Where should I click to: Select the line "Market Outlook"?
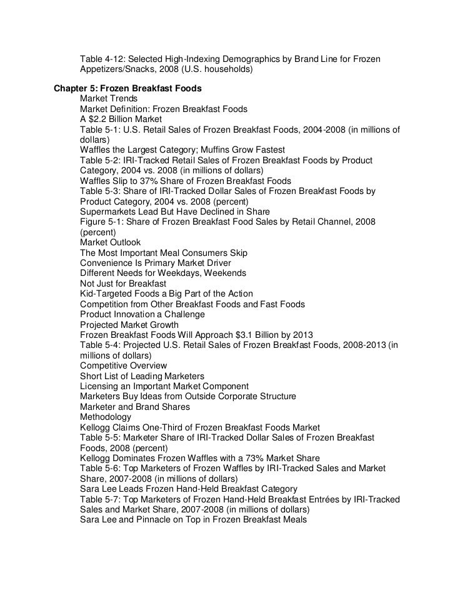tap(111, 242)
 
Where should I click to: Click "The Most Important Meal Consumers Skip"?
tap(164, 252)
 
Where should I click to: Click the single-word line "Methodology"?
tap(106, 416)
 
